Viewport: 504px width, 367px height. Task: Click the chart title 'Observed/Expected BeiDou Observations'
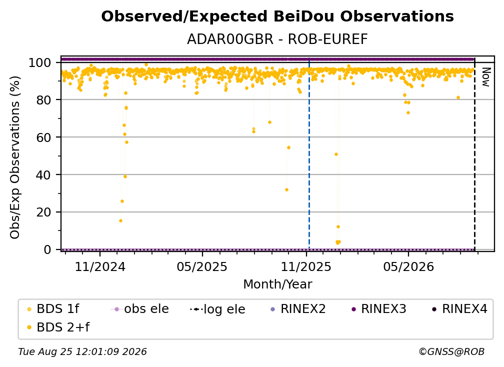coord(277,16)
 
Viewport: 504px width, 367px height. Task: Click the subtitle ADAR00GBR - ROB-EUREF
coord(277,39)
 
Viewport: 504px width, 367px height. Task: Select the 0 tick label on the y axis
coord(47,249)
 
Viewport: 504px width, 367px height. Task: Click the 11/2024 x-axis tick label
coord(100,266)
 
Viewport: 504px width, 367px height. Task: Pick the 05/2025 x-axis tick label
coord(202,266)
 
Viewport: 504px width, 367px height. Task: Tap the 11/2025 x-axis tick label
coord(306,266)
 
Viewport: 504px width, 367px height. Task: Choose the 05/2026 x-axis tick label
coord(408,266)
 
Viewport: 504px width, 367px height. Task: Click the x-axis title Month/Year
coord(277,284)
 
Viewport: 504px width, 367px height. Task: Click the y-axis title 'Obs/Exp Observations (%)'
coord(15,157)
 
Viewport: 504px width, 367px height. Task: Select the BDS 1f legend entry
coord(53,309)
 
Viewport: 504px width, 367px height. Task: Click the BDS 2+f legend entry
coord(58,327)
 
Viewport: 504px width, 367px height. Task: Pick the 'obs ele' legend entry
coord(139,309)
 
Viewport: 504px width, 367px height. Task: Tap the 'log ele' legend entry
coord(217,309)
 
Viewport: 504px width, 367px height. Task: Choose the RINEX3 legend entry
coord(379,309)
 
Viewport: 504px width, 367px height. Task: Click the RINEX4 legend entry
coord(460,309)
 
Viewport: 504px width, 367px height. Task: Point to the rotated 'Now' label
coord(485,77)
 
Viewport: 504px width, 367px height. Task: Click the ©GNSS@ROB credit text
coord(451,352)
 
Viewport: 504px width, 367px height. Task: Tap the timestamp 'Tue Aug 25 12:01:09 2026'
coord(82,352)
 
